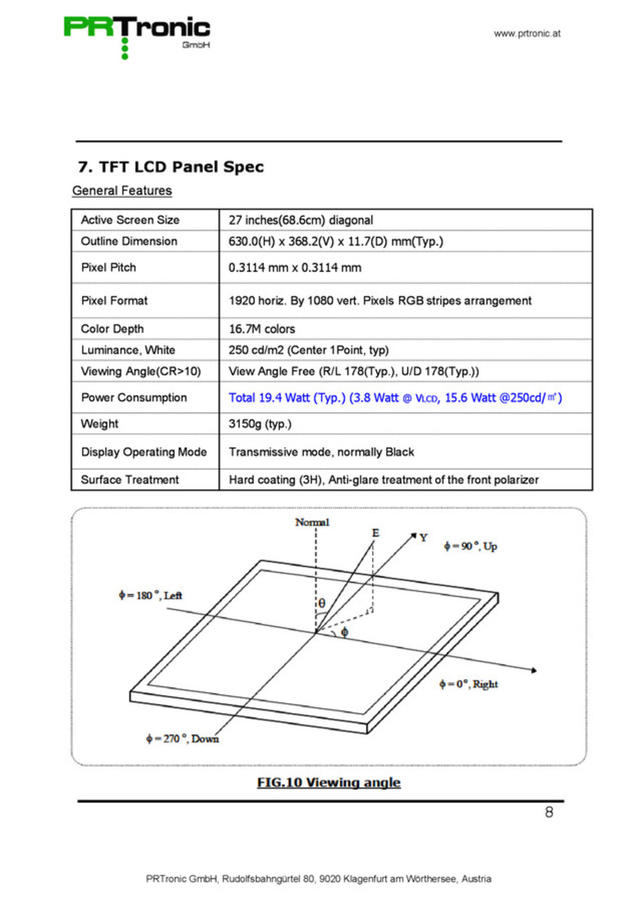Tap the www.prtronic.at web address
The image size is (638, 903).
coord(527,33)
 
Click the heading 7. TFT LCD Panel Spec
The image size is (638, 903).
coord(171,167)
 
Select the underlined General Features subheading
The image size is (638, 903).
coord(122,191)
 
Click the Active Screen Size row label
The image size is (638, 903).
coord(130,220)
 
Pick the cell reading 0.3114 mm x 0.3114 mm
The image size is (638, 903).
coord(295,268)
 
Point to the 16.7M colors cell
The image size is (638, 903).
coord(261,329)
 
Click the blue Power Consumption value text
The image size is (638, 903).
coord(395,398)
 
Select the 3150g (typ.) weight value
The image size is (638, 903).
coord(260,424)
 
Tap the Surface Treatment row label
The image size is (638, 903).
coord(130,480)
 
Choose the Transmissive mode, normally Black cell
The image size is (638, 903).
coord(321,452)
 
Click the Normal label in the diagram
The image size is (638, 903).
coord(312,522)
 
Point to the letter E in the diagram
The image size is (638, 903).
coord(376,533)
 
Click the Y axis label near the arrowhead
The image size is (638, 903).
coord(423,538)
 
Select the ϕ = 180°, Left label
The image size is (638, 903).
coord(150,595)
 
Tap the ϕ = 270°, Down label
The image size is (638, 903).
coord(183,738)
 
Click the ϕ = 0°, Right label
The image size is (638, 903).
coord(469,684)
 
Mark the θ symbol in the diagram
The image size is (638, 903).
coord(322,603)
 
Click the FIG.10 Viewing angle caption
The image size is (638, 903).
coord(328,783)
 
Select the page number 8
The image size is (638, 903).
coord(549,812)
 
